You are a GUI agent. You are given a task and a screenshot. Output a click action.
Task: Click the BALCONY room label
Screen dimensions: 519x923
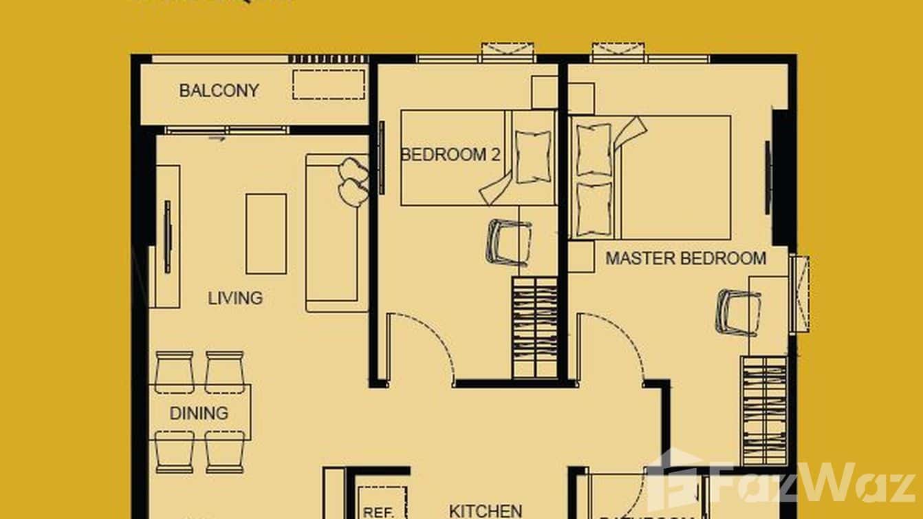click(219, 90)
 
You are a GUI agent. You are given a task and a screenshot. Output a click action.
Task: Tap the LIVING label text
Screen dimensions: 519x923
click(235, 298)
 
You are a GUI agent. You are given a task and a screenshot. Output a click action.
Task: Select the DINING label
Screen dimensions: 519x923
click(199, 414)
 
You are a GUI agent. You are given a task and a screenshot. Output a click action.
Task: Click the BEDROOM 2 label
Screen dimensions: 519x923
click(450, 154)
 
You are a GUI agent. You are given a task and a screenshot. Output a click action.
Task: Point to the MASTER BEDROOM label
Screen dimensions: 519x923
click(685, 259)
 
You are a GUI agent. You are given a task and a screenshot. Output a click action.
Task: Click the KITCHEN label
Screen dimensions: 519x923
click(485, 511)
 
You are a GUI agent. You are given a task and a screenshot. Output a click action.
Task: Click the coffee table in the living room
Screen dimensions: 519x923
click(265, 234)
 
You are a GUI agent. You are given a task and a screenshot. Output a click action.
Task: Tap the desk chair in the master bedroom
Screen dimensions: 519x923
click(738, 311)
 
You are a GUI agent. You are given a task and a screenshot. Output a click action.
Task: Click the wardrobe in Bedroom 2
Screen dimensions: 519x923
click(534, 327)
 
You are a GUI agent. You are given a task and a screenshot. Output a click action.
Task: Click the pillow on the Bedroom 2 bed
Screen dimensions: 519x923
click(533, 156)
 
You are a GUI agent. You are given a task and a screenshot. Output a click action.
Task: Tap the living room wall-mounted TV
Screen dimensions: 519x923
click(167, 237)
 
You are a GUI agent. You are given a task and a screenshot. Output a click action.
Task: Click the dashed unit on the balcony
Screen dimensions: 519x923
click(328, 84)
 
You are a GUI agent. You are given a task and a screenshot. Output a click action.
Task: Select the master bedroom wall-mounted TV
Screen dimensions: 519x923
click(768, 178)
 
